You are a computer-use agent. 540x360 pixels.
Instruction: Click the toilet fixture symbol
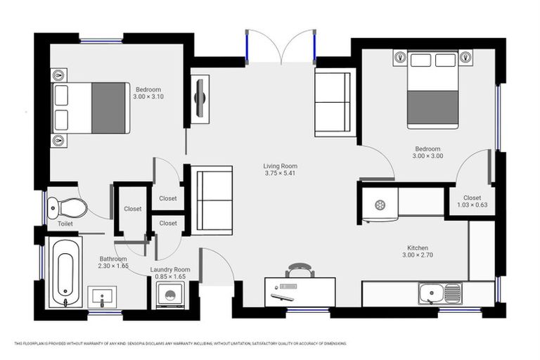(67, 207)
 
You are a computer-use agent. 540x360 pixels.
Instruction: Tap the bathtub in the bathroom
(65, 271)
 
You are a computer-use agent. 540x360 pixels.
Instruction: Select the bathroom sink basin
(102, 297)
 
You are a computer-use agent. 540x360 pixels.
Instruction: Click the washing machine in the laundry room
(169, 295)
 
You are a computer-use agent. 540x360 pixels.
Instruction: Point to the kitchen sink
(439, 293)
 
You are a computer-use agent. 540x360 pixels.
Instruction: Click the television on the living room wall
(200, 98)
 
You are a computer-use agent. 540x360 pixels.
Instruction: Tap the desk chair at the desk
(300, 270)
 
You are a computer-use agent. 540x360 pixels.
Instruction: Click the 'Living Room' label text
(281, 166)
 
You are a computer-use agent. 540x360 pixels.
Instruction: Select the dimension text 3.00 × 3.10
(148, 97)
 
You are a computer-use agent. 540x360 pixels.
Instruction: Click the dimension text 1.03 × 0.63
(472, 205)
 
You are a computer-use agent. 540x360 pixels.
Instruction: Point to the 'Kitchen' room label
(418, 247)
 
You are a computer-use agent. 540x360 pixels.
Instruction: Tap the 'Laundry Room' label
(170, 269)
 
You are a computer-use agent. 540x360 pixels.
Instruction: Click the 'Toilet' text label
(65, 224)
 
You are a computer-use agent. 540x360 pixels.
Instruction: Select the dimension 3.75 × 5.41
(281, 173)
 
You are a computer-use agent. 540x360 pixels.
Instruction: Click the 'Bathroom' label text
(113, 259)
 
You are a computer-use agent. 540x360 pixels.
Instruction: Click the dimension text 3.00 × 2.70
(418, 255)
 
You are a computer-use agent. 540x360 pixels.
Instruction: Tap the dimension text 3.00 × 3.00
(427, 156)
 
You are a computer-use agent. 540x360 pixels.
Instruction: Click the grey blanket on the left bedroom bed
(108, 108)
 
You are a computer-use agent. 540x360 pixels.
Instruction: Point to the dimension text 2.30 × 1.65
(113, 266)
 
